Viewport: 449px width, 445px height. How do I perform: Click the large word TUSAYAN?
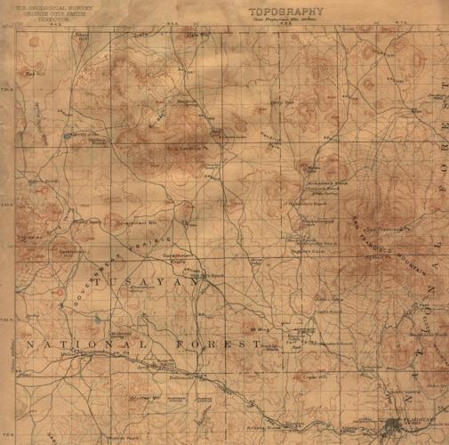[x=155, y=282]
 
